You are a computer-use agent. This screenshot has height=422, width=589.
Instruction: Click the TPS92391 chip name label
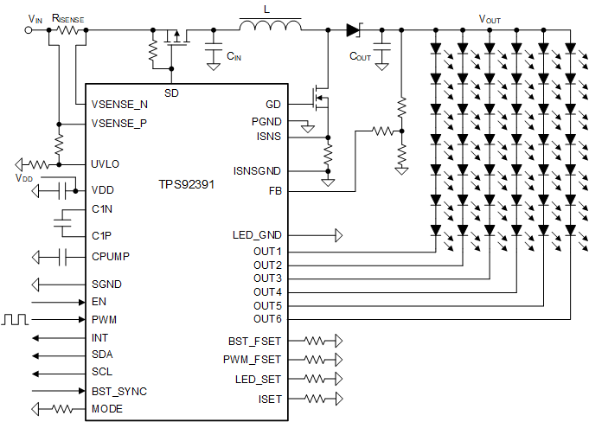tap(187, 184)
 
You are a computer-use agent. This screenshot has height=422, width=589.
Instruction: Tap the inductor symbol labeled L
tap(271, 29)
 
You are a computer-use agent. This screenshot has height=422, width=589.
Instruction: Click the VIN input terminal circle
tap(29, 29)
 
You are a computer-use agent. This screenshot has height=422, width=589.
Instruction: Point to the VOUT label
tap(489, 18)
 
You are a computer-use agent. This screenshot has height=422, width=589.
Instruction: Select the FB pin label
tap(276, 190)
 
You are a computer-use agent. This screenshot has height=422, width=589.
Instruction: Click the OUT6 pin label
tap(267, 320)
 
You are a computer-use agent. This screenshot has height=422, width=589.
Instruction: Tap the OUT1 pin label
tap(267, 251)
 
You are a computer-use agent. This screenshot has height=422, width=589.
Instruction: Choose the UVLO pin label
tap(106, 163)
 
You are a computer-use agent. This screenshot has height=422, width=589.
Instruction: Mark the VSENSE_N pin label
tap(118, 105)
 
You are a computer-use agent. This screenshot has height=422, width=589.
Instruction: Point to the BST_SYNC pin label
tap(118, 391)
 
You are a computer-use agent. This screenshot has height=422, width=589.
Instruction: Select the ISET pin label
tap(270, 399)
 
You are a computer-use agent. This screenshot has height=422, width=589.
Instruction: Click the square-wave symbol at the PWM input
tap(15, 319)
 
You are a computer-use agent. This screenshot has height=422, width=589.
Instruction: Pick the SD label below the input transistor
tap(171, 91)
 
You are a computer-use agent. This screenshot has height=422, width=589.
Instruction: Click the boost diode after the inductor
tap(353, 29)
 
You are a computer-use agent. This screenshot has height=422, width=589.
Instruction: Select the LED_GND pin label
tap(257, 234)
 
